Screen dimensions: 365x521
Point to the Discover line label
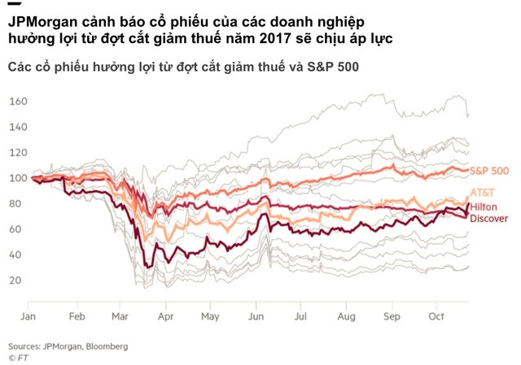click(x=489, y=219)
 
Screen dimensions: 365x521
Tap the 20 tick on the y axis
click(x=16, y=280)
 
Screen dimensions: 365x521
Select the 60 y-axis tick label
click(x=16, y=230)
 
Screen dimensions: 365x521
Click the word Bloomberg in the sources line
click(x=104, y=345)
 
